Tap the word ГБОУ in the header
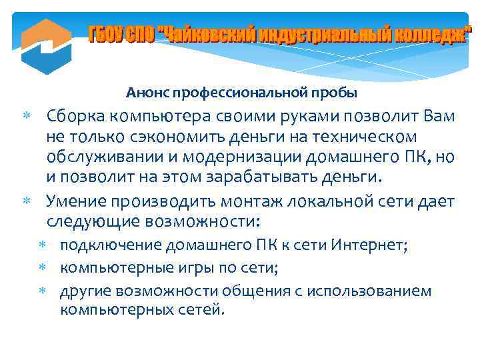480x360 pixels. coord(107,33)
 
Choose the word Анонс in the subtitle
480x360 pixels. coord(146,91)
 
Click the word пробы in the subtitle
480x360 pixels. coord(336,91)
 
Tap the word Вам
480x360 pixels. coord(440,117)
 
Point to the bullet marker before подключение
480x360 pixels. coord(42,246)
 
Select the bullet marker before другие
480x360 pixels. coord(42,291)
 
